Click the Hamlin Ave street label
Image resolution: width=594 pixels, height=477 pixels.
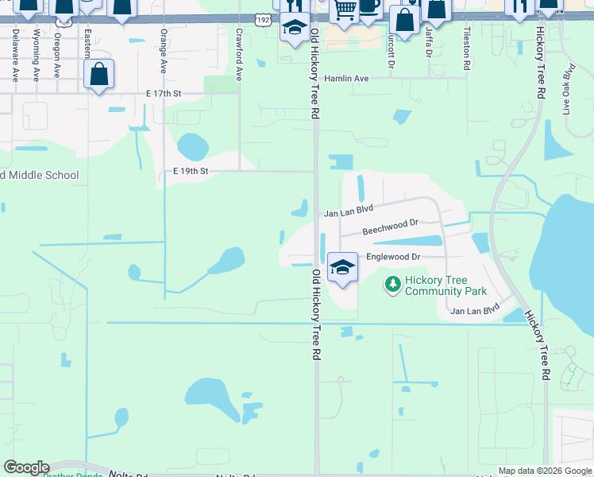[347, 79]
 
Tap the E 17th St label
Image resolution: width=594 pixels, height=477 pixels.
[164, 93]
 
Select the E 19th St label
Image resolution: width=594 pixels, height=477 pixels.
[191, 171]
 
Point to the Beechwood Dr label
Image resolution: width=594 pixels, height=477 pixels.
[390, 229]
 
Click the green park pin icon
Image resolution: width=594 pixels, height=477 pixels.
[392, 283]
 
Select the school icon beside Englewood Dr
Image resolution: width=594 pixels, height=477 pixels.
[342, 267]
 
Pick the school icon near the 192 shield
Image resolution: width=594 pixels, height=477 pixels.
[295, 28]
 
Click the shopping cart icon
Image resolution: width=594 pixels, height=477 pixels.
[345, 10]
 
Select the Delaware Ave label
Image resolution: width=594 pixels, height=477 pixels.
[15, 55]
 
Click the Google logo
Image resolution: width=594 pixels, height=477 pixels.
[26, 467]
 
